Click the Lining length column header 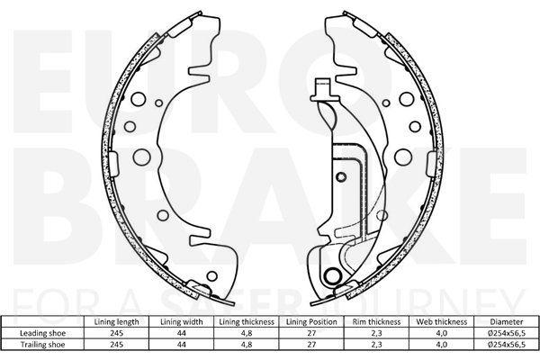[x=116, y=322]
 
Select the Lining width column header [x=182, y=322]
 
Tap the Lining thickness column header [x=247, y=322]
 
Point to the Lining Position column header [x=311, y=322]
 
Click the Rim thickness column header [x=376, y=322]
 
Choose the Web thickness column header [x=442, y=322]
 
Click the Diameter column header [x=507, y=322]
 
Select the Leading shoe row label [x=42, y=333]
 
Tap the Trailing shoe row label [x=42, y=345]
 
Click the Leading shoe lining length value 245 [x=116, y=333]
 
